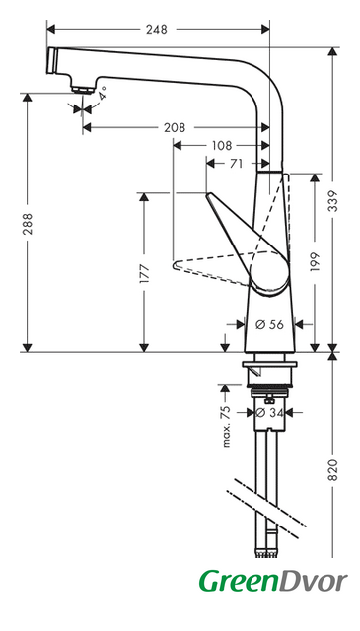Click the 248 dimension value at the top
tap(157, 29)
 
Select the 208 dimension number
tap(175, 127)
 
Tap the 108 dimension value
tap(222, 145)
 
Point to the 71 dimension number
tap(236, 164)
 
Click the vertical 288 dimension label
tap(27, 224)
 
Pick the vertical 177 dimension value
tap(144, 274)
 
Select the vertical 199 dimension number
tap(315, 261)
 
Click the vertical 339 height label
tap(332, 201)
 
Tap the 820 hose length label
tap(332, 469)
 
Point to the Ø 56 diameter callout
tap(270, 324)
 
